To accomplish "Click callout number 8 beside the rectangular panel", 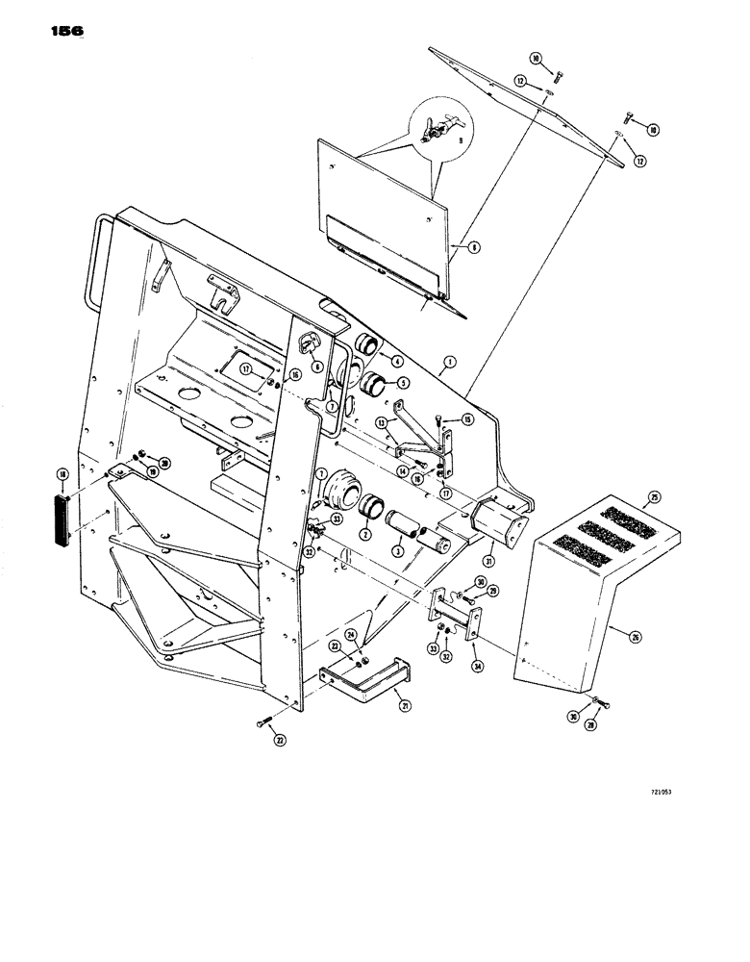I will tap(472, 247).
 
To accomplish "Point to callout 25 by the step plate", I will tap(654, 497).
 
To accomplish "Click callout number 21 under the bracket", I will tap(405, 706).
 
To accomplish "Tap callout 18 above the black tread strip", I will tap(63, 474).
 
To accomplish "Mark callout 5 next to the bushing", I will tap(391, 382).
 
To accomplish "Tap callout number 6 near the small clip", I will tap(316, 367).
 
